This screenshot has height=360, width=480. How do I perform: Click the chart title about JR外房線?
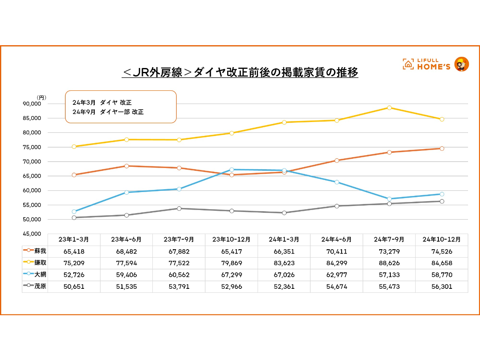click(x=240, y=72)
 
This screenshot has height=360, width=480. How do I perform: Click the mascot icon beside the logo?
click(x=462, y=64)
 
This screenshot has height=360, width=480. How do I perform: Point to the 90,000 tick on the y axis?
click(x=33, y=104)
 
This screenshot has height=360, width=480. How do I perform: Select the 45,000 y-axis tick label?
click(x=33, y=234)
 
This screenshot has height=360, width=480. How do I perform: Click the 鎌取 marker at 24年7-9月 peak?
click(x=389, y=108)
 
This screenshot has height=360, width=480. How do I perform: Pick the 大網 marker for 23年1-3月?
click(x=74, y=212)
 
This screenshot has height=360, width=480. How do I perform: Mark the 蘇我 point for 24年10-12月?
click(x=442, y=148)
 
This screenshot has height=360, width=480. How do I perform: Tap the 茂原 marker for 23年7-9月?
click(x=179, y=208)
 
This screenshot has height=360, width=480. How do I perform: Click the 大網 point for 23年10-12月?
click(x=232, y=170)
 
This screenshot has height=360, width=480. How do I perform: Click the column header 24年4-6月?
click(x=336, y=240)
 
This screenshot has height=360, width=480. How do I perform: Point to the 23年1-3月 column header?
click(x=74, y=240)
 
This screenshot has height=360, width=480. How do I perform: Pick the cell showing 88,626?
click(x=389, y=263)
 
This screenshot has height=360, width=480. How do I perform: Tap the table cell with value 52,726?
click(x=74, y=275)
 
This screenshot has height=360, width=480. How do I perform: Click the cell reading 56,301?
click(x=442, y=287)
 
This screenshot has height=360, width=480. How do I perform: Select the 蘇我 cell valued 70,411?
click(x=336, y=252)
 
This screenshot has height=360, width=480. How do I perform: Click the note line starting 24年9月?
click(x=108, y=112)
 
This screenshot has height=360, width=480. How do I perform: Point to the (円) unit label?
click(x=41, y=97)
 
